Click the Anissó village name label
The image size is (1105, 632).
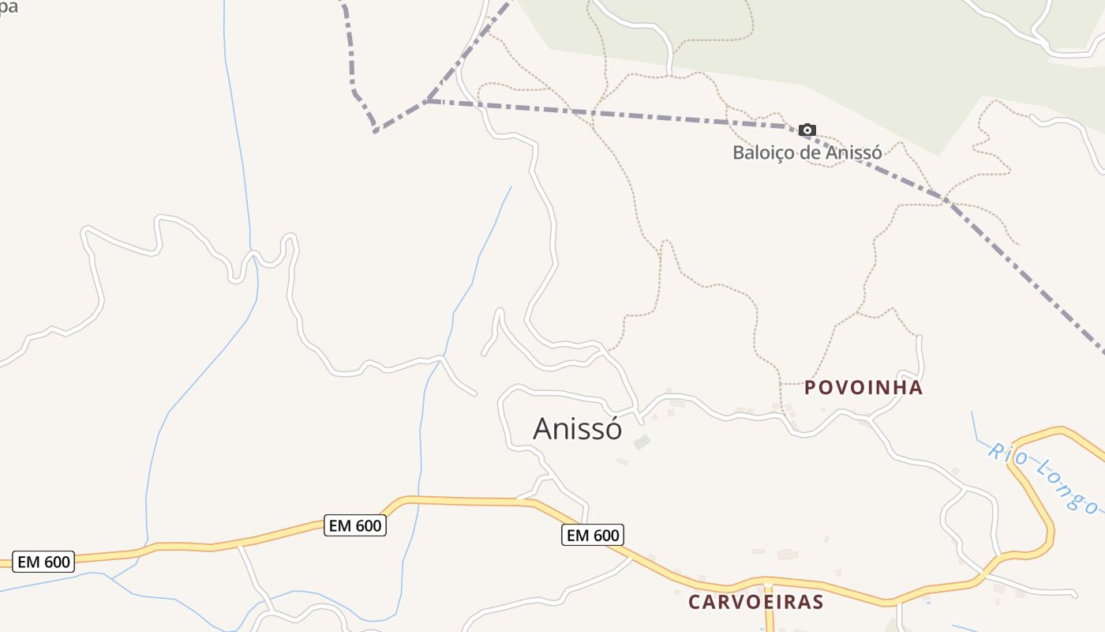coord(577,429)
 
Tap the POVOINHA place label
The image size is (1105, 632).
coord(863,388)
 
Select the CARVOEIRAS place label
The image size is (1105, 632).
coord(755,602)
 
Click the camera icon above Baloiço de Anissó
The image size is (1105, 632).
coord(807,130)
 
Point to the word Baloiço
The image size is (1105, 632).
coord(763,152)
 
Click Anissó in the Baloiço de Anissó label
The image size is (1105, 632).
coord(854,152)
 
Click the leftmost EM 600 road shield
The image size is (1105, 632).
coord(44,562)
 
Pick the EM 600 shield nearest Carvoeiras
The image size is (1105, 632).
coord(592,536)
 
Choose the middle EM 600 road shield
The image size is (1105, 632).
coord(354,525)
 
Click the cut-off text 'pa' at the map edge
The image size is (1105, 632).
coord(8,7)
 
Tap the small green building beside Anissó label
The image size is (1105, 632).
coord(642,443)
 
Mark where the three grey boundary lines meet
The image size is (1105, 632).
coord(427,101)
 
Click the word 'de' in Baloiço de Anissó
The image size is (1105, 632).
coord(811,152)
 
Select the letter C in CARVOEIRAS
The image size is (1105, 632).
coord(695,602)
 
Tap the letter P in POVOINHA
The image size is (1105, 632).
coord(811,388)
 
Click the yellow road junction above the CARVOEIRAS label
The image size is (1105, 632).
coord(767,585)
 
